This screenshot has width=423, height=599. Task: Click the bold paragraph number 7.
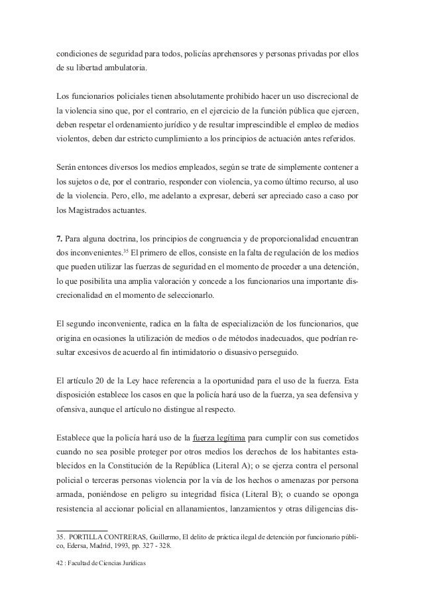58,239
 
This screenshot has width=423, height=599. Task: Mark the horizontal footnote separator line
80,527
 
